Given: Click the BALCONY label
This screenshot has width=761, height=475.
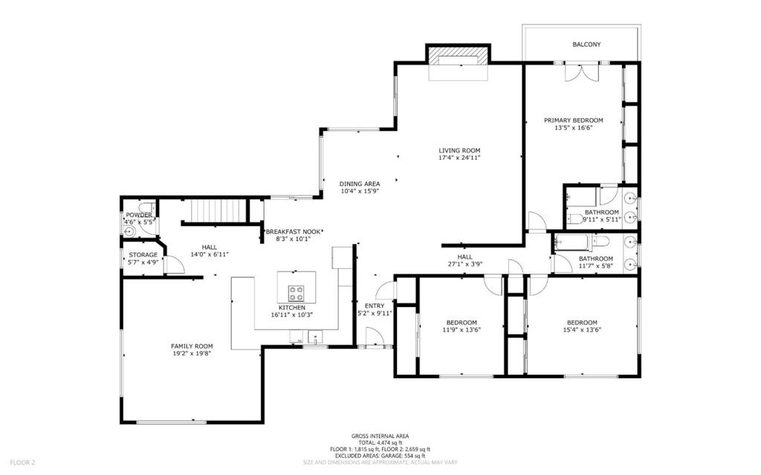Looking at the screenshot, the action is (x=586, y=44).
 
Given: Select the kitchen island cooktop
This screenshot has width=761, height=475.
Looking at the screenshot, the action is (x=296, y=294).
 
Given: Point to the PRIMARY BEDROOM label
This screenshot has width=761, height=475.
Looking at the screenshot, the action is (x=573, y=120).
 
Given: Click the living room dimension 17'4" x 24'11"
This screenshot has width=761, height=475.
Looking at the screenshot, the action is (x=459, y=158).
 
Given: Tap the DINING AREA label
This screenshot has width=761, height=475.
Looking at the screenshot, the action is (x=359, y=184).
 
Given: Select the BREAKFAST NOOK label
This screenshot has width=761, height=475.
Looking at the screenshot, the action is (x=293, y=232).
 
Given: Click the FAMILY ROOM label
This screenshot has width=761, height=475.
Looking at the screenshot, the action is (x=192, y=346).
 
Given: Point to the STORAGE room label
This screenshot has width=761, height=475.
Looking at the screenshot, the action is (x=143, y=255).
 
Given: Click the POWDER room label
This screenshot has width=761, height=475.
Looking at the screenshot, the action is (x=139, y=215).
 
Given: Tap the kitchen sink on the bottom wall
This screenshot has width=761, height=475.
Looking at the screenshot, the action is (x=315, y=337).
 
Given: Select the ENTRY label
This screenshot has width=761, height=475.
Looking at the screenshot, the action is (x=375, y=306).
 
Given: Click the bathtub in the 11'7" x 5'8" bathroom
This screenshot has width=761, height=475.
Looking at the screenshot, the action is (x=571, y=241).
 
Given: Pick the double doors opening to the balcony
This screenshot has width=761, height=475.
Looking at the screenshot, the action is (x=582, y=72).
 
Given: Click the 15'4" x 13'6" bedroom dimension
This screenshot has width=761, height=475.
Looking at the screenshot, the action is (x=582, y=330).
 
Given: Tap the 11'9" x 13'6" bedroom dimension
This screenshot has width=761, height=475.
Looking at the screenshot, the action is (x=462, y=330).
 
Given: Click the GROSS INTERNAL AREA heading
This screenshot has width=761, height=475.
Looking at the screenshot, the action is (x=380, y=436).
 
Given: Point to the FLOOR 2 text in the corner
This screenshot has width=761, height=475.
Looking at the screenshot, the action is (x=23, y=463).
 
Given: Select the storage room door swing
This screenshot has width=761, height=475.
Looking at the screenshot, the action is (x=177, y=265).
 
